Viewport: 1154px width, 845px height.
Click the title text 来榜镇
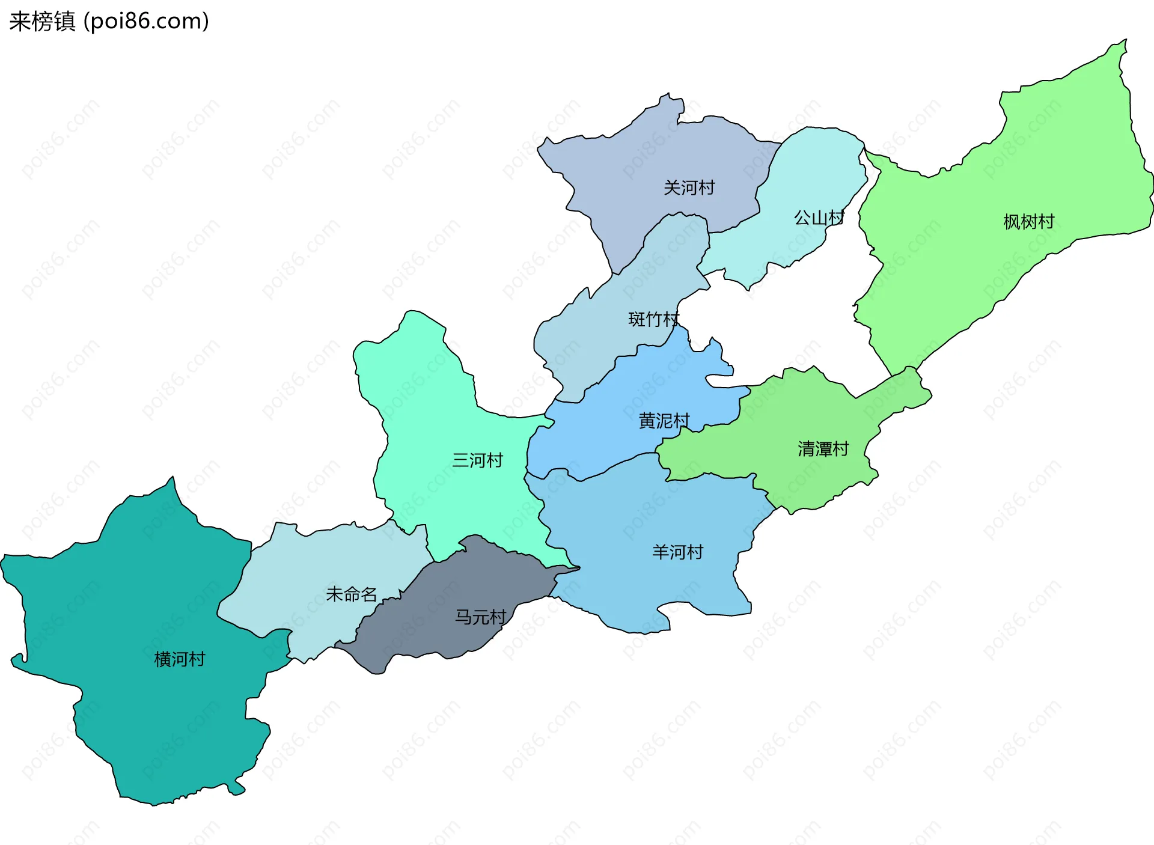coord(42,22)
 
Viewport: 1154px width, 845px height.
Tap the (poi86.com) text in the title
coord(146,22)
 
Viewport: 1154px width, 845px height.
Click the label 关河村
coord(689,188)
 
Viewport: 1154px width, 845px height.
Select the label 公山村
coord(819,218)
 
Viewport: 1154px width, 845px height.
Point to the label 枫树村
coord(1028,222)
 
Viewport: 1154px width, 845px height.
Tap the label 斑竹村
coord(653,319)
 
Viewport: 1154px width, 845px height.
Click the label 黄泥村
coord(664,421)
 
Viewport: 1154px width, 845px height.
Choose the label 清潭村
coord(823,449)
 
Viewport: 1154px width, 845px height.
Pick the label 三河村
coord(477,461)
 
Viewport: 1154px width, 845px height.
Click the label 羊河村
coord(677,552)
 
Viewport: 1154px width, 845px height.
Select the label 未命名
coord(351,594)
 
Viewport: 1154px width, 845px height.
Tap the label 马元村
coord(480,617)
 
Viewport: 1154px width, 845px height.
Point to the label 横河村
coord(180,660)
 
